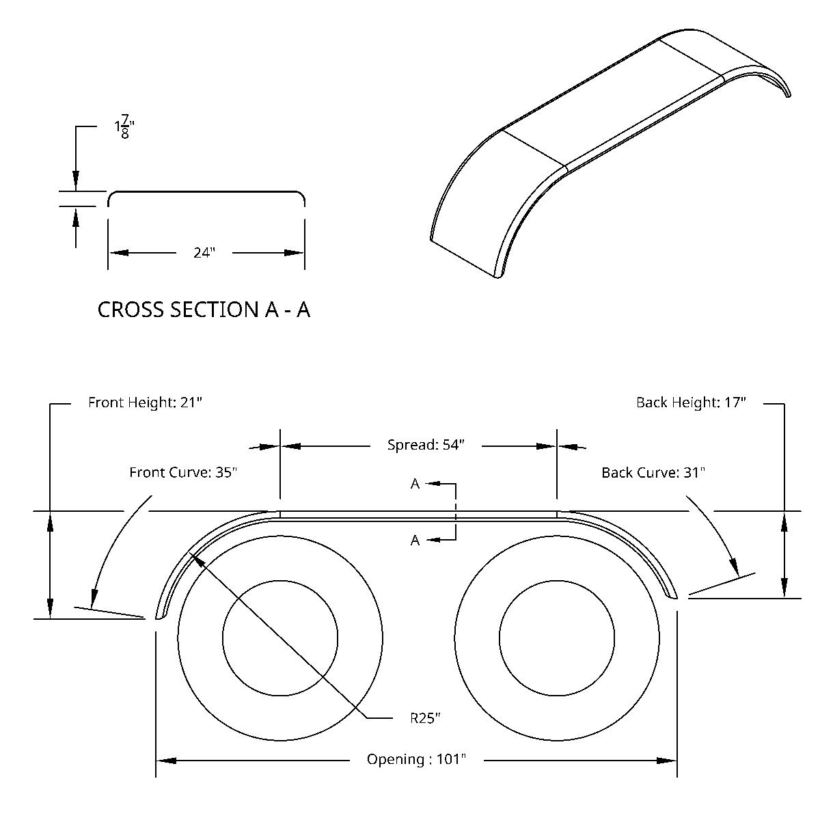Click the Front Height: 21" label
coord(145,402)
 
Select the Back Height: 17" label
coord(691,402)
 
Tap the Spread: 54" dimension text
coord(426,445)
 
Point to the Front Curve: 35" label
coord(183,472)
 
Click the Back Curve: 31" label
coord(653,472)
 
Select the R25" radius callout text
coord(425,717)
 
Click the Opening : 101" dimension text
coord(416,759)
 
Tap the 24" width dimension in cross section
coord(204,253)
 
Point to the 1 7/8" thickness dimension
coord(124,128)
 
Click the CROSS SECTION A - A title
coord(204,310)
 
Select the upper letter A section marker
coord(415,484)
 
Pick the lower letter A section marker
coord(415,541)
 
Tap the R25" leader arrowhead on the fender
coord(195,559)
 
